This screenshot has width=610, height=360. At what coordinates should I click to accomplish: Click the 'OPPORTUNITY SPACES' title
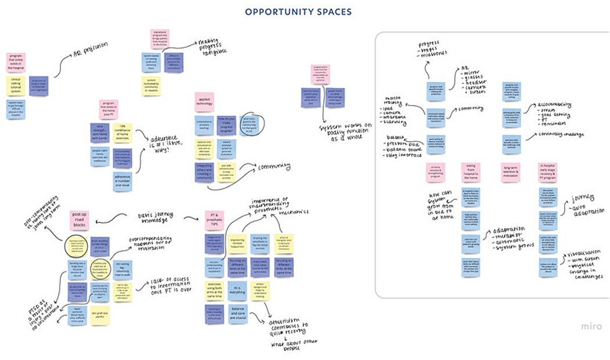298,12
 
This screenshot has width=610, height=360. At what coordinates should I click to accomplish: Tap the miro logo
593,326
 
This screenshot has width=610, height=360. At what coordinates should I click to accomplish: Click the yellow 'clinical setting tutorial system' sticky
16,85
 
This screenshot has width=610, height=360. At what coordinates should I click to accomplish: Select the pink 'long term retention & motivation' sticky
511,170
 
